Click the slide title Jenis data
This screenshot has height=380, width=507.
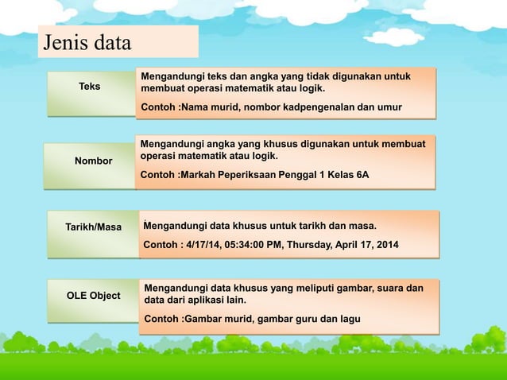87,42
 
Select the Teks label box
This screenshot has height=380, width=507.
90,86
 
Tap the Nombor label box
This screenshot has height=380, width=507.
93,161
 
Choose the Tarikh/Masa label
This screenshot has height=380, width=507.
93,227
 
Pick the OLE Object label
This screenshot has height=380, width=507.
93,296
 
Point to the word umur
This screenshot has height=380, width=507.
389,107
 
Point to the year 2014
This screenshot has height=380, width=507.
387,244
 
